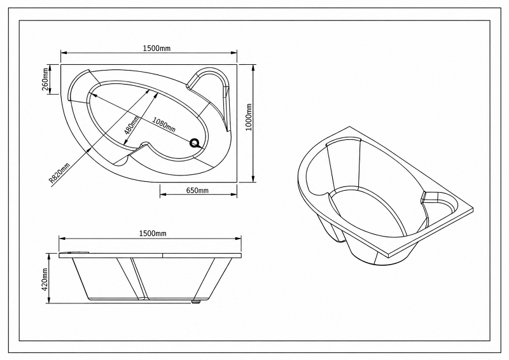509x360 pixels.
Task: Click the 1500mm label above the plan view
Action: pyautogui.click(x=157, y=48)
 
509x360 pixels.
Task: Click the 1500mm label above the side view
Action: pyautogui.click(x=153, y=233)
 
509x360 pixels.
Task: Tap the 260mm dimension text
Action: pyautogui.click(x=45, y=80)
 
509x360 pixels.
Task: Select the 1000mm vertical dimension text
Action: pyautogui.click(x=249, y=117)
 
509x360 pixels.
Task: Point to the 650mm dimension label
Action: pyautogui.click(x=197, y=190)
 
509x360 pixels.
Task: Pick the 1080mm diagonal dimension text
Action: pyautogui.click(x=164, y=125)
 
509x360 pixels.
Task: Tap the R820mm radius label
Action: pyautogui.click(x=59, y=174)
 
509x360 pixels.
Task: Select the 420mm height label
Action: pyautogui.click(x=45, y=279)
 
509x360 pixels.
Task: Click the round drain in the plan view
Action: pyautogui.click(x=195, y=143)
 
